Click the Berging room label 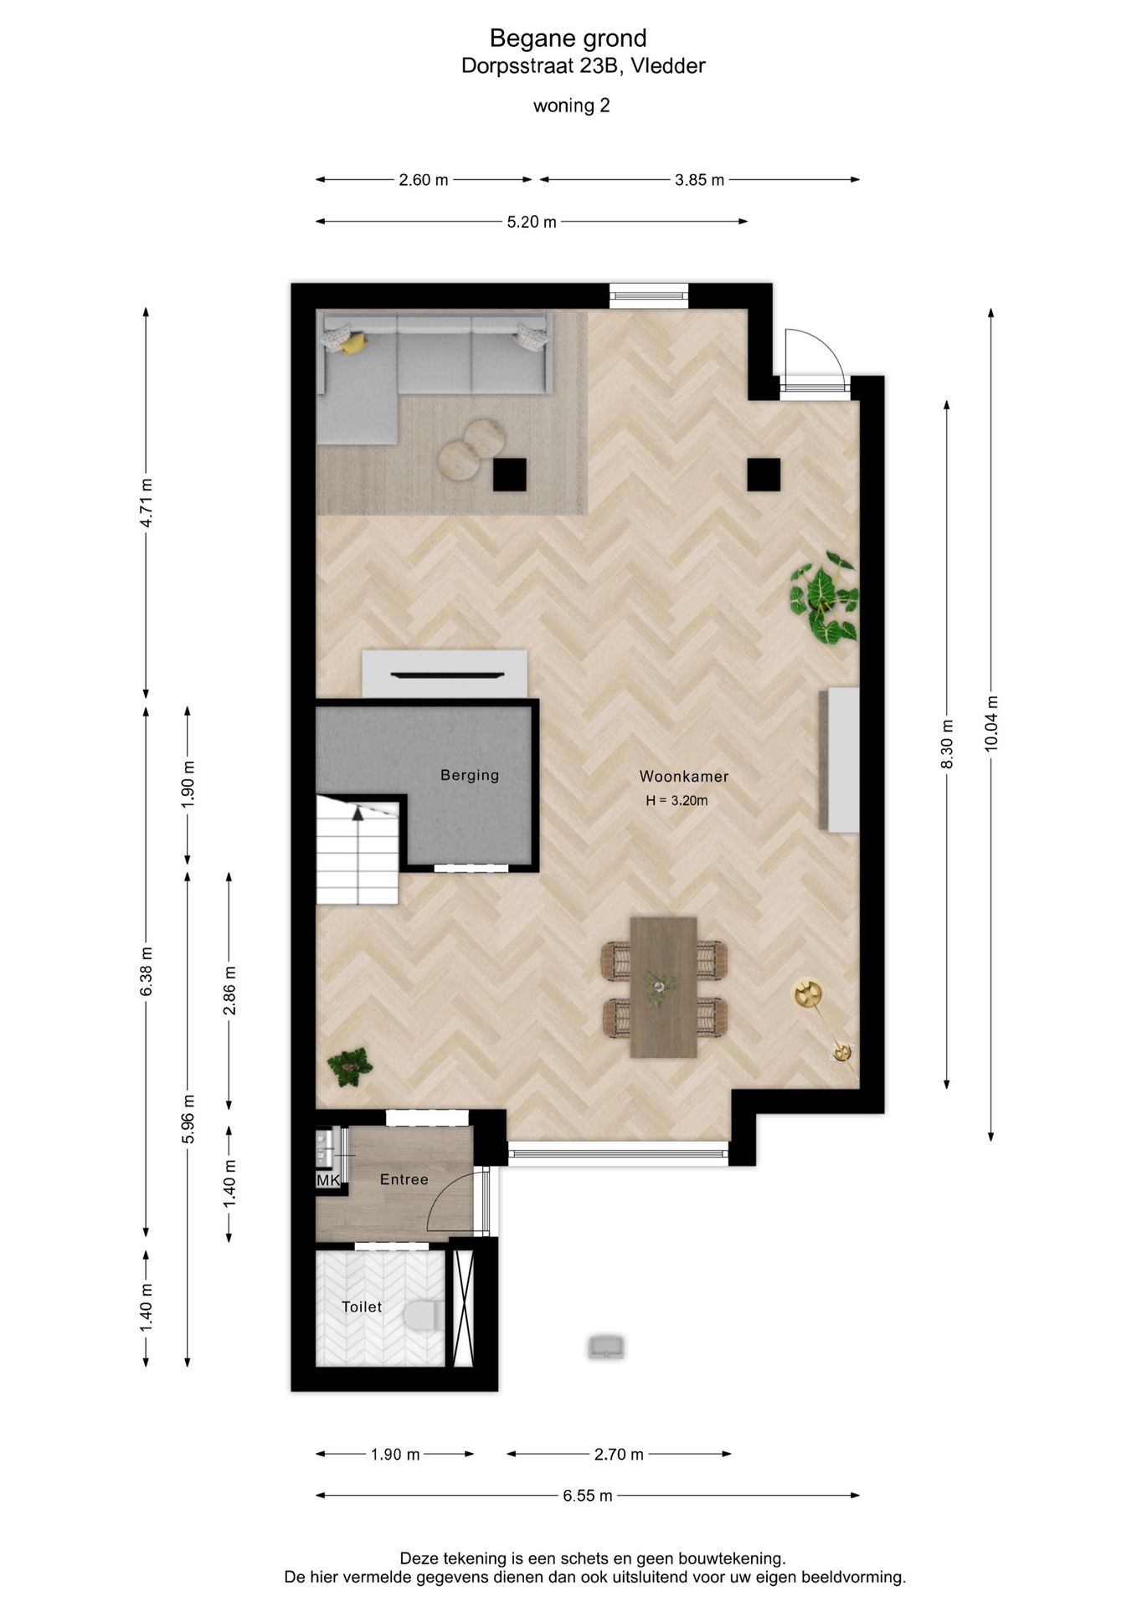point(470,775)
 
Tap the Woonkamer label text point(684,776)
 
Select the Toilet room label point(362,1307)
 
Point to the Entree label point(404,1179)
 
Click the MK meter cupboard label point(328,1180)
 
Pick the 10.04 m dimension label point(991,724)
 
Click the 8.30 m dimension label point(948,744)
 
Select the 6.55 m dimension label point(588,1496)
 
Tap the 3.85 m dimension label point(700,180)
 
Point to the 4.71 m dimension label point(147,503)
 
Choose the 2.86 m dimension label point(229,990)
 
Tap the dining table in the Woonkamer point(664,988)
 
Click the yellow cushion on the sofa point(354,343)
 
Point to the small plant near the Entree point(349,1067)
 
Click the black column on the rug point(509,475)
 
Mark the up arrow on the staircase point(358,811)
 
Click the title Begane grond point(568,39)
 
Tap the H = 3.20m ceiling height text point(677,801)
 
